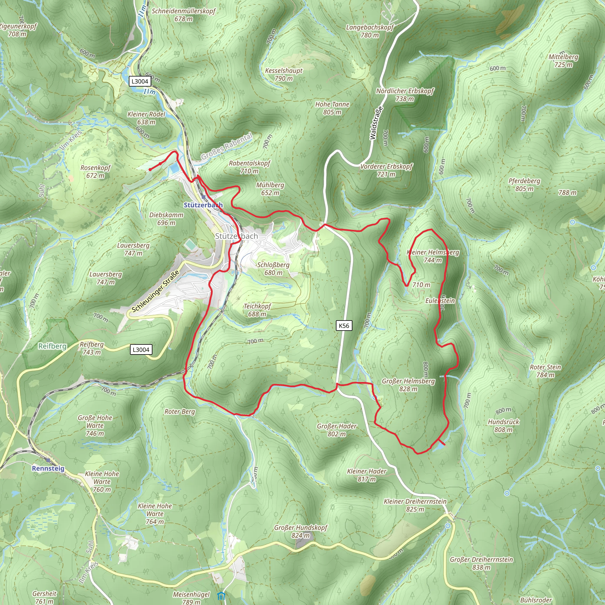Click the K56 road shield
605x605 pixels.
(344, 326)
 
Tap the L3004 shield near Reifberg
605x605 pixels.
(141, 350)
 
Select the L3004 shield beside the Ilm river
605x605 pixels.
(140, 82)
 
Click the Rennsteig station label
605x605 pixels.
(48, 469)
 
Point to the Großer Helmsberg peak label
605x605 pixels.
(408, 385)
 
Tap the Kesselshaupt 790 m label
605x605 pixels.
(284, 74)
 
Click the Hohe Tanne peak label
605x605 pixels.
(332, 108)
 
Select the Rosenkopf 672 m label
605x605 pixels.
(95, 172)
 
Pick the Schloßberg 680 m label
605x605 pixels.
(273, 269)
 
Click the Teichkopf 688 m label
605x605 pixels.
(257, 310)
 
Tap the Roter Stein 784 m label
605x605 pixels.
(545, 371)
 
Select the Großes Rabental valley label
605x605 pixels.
(226, 146)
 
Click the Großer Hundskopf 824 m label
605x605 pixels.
(301, 531)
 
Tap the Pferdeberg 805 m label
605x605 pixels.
(524, 185)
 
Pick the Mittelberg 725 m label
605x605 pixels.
(563, 61)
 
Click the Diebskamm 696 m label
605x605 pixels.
(166, 219)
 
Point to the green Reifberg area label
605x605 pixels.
(52, 346)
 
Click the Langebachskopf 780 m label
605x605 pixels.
(370, 31)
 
